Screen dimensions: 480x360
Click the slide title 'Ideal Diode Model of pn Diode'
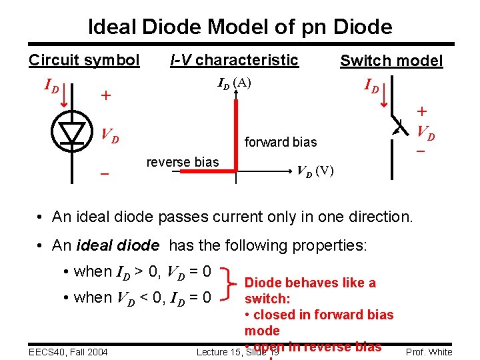coord(240,27)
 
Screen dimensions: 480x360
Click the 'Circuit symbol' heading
coord(84,60)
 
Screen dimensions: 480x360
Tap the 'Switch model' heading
coord(391,61)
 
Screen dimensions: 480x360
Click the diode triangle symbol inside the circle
coord(71,133)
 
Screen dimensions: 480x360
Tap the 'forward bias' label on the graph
coord(281,142)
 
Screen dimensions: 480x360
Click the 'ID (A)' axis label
coord(234,83)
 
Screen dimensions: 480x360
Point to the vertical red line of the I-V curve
coord(235,133)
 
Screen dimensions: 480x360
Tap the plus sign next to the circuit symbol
coord(105,96)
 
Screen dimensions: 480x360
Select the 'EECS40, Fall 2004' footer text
coord(69,351)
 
